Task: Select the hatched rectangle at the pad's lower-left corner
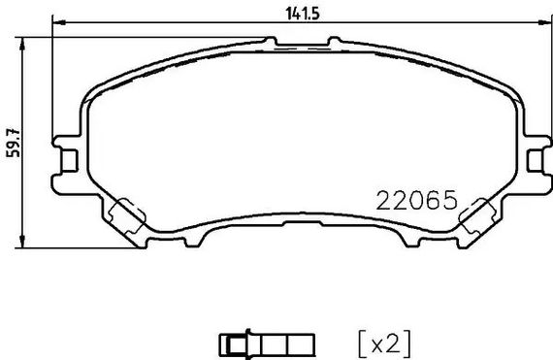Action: tap(126, 214)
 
